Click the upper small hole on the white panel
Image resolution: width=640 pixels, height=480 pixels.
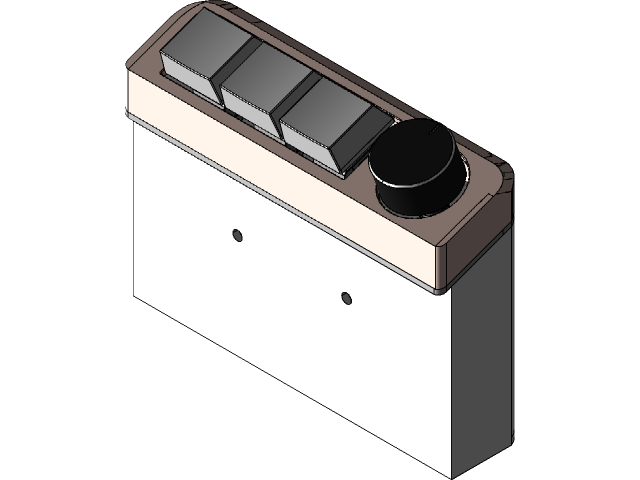pyautogui.click(x=237, y=234)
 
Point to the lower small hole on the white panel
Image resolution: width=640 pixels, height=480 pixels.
pyautogui.click(x=346, y=297)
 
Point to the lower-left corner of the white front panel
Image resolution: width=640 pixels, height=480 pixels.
pyautogui.click(x=137, y=294)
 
